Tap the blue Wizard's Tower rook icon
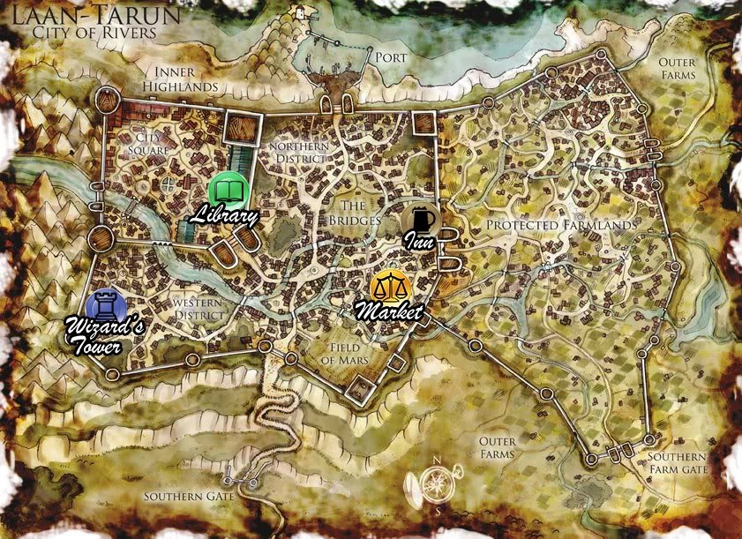point(106,306)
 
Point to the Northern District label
point(299,152)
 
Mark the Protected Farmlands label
point(561,226)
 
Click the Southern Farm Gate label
point(677,464)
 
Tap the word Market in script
point(388,311)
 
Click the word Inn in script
point(418,240)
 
